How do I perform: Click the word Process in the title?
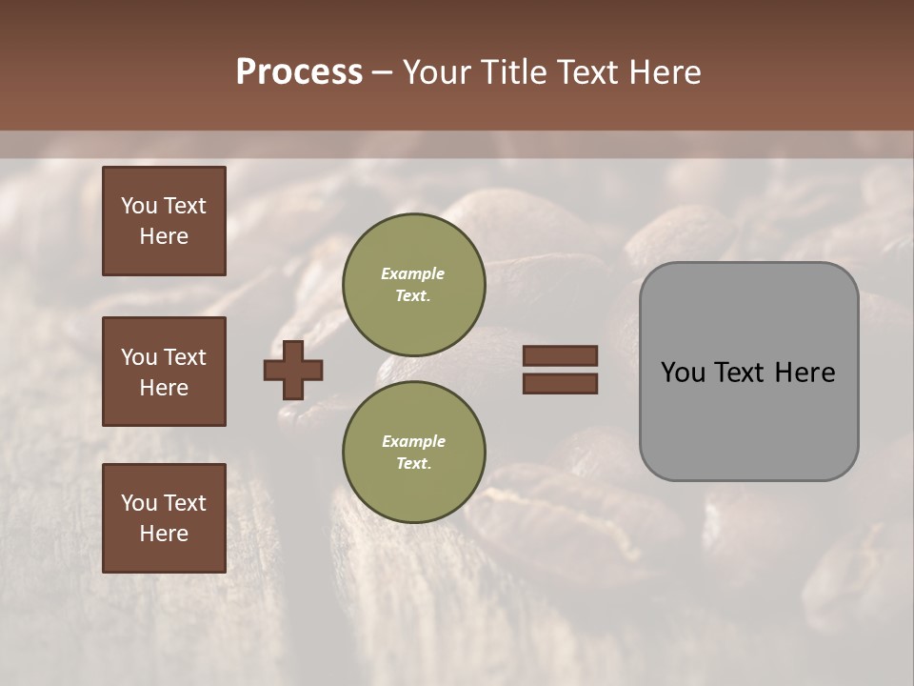pyautogui.click(x=299, y=72)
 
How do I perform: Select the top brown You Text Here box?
pyautogui.click(x=164, y=221)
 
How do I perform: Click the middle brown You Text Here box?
pyautogui.click(x=164, y=372)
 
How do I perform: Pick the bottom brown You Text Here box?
pyautogui.click(x=164, y=518)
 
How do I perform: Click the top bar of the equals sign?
pyautogui.click(x=560, y=356)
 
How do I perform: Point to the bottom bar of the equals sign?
pyautogui.click(x=560, y=384)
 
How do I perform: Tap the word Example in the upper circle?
pyautogui.click(x=413, y=273)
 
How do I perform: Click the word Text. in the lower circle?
pyautogui.click(x=413, y=464)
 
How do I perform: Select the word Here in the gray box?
pyautogui.click(x=805, y=373)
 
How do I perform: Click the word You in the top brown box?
pyautogui.click(x=138, y=206)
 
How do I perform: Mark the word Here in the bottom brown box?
pyautogui.click(x=164, y=534)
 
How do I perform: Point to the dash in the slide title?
pyautogui.click(x=383, y=73)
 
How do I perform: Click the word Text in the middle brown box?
pyautogui.click(x=184, y=357)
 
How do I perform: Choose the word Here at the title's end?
pyautogui.click(x=666, y=72)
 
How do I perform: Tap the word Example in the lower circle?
pyautogui.click(x=413, y=441)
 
